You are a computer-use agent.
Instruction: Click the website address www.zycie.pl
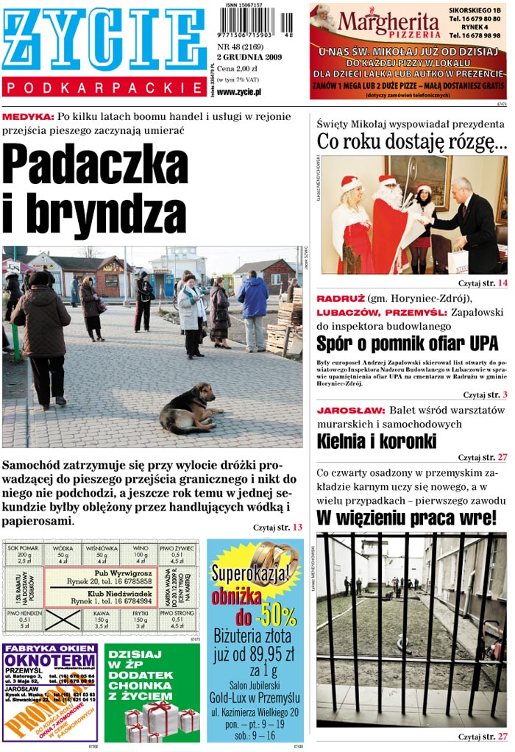pos(239,92)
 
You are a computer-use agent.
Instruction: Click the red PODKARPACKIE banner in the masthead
pos(104,88)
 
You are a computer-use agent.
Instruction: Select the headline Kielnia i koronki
pos(377,441)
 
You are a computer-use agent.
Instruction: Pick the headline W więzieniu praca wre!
pos(407,518)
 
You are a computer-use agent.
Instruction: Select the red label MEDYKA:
pos(28,116)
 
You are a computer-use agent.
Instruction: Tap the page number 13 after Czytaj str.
pos(297,528)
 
